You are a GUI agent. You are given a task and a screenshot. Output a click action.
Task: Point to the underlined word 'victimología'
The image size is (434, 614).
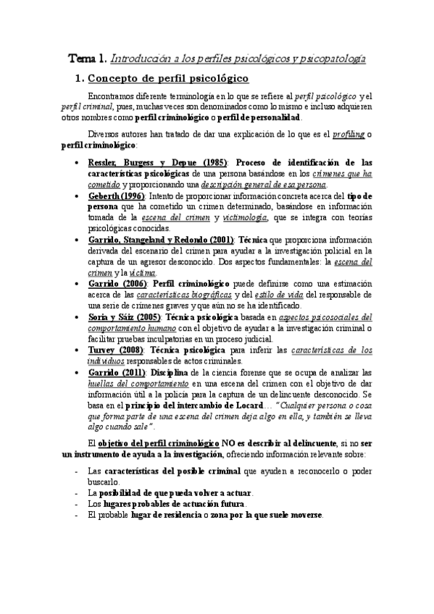click(246, 219)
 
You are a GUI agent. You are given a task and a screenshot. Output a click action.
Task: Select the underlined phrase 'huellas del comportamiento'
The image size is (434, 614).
click(134, 383)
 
